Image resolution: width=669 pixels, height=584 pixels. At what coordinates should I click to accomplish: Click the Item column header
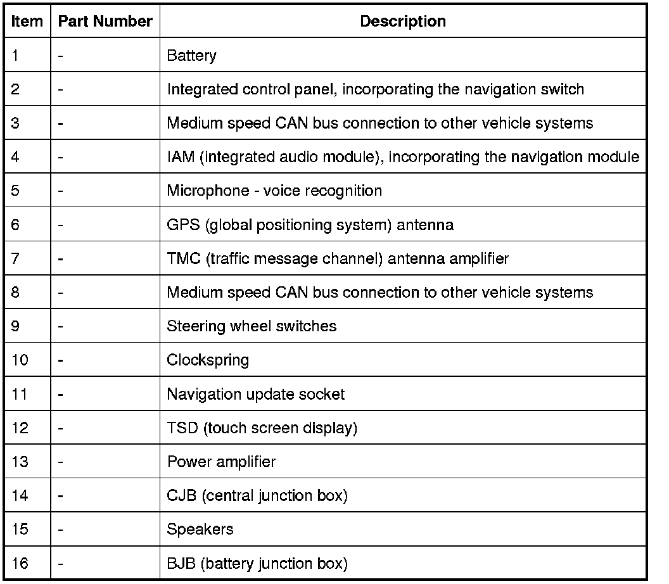pos(27,22)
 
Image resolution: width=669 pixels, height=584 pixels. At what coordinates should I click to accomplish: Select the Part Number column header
pos(105,22)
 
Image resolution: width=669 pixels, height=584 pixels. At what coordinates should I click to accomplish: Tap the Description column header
pos(402,22)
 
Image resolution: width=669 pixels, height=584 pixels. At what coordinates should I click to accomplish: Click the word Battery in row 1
pos(191,56)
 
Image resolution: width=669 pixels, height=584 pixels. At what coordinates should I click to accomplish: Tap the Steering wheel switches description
pos(252,326)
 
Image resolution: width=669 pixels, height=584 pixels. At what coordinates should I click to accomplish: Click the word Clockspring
pos(208,360)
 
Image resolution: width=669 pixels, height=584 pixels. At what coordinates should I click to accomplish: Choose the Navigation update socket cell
pos(255,394)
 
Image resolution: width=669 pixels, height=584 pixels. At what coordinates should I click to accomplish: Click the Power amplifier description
pos(221,462)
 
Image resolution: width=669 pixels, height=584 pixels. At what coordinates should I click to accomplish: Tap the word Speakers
pos(200,529)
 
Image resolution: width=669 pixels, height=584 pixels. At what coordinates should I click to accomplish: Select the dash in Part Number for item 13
pos(61,462)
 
